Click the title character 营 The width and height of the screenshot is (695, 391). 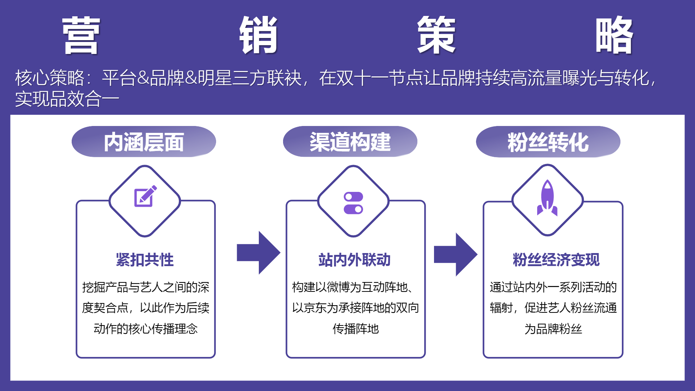(x=81, y=35)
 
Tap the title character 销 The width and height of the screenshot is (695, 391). (x=258, y=35)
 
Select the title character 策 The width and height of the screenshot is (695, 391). (x=436, y=35)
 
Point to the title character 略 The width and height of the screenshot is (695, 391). (x=614, y=35)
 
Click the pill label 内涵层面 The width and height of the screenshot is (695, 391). (x=144, y=142)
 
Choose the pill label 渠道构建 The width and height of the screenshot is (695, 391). (x=350, y=142)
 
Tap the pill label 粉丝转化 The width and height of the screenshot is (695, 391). (x=548, y=142)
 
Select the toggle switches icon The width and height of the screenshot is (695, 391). (x=353, y=203)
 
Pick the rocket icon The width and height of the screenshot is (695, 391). (x=547, y=198)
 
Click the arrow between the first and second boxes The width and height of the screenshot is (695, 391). (x=258, y=253)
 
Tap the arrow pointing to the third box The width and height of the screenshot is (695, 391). (x=456, y=255)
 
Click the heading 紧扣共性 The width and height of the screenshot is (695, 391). (x=145, y=260)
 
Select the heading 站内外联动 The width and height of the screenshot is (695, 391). (x=354, y=260)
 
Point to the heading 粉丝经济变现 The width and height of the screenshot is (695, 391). (x=556, y=260)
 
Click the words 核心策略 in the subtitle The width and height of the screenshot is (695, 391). (x=50, y=78)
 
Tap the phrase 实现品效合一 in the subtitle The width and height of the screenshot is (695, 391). (x=67, y=99)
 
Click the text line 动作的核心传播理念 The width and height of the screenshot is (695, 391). (x=146, y=329)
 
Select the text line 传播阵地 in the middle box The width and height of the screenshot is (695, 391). (x=355, y=329)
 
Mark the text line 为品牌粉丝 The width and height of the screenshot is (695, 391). (x=553, y=329)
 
